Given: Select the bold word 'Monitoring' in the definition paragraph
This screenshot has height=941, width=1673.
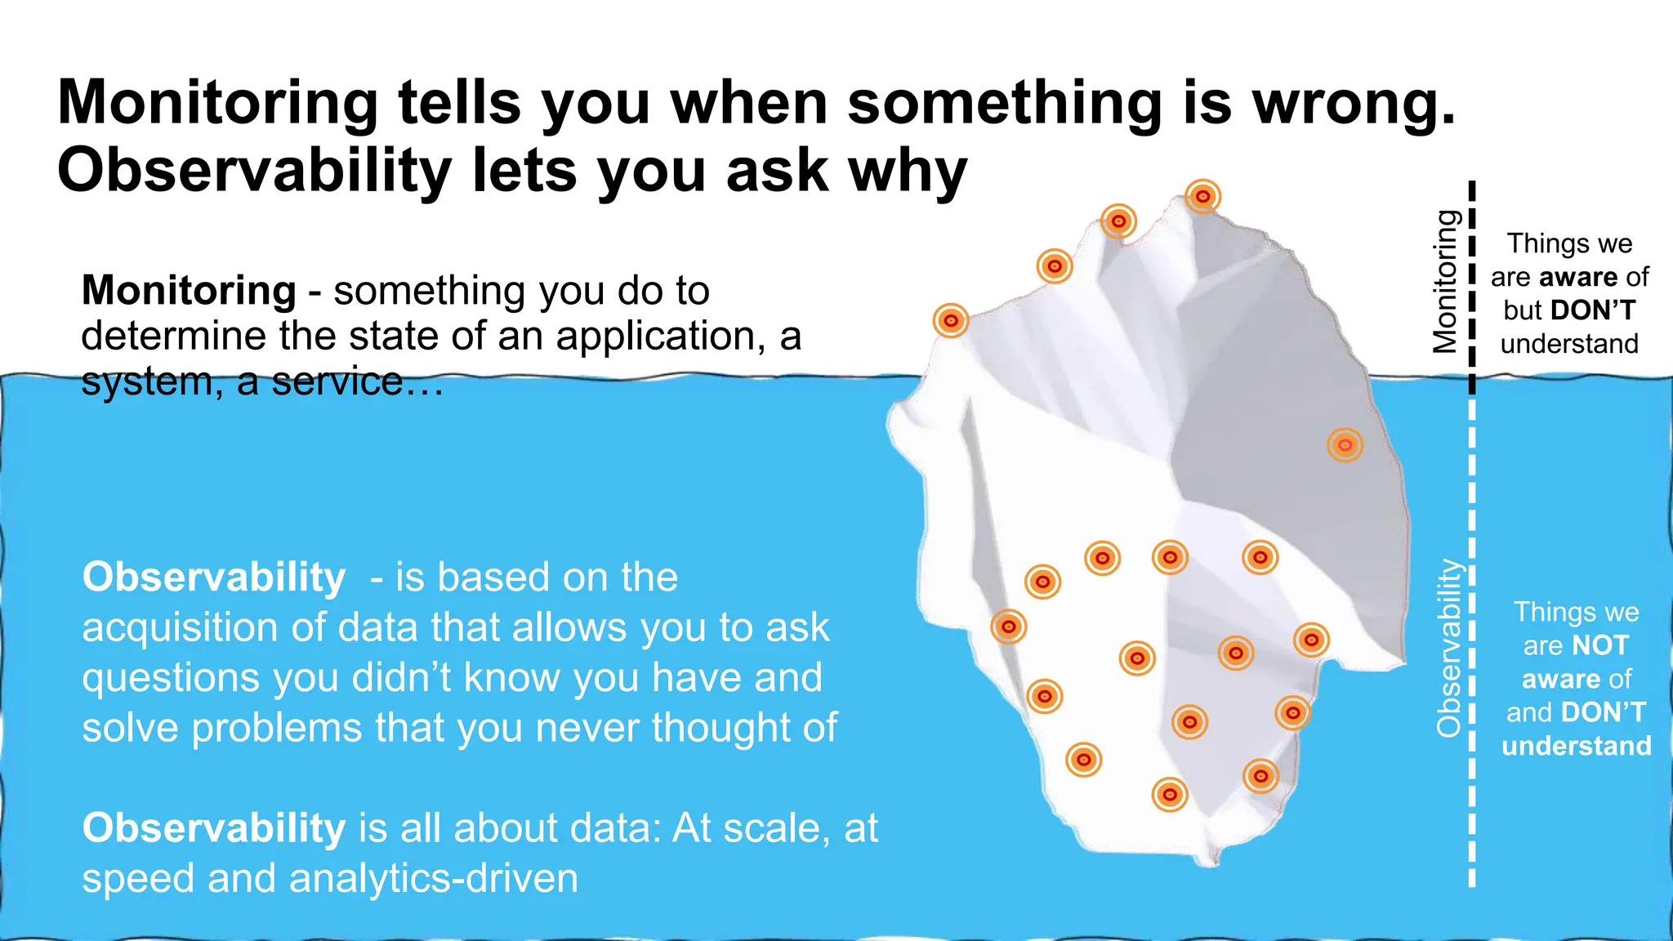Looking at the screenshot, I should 189,291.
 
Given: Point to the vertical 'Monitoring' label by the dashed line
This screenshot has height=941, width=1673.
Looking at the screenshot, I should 1445,282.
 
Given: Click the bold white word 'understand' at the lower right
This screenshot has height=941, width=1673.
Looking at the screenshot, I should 1577,747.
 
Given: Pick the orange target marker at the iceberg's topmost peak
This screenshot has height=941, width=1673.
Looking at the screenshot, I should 1202,197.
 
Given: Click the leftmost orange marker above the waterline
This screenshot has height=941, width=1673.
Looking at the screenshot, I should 951,321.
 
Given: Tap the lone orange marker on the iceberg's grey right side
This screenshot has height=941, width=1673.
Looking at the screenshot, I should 1345,445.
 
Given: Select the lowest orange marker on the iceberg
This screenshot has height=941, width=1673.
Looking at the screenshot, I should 1169,794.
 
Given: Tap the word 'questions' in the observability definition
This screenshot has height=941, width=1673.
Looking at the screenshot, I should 169,679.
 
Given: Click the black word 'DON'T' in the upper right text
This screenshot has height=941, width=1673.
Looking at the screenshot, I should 1593,311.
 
